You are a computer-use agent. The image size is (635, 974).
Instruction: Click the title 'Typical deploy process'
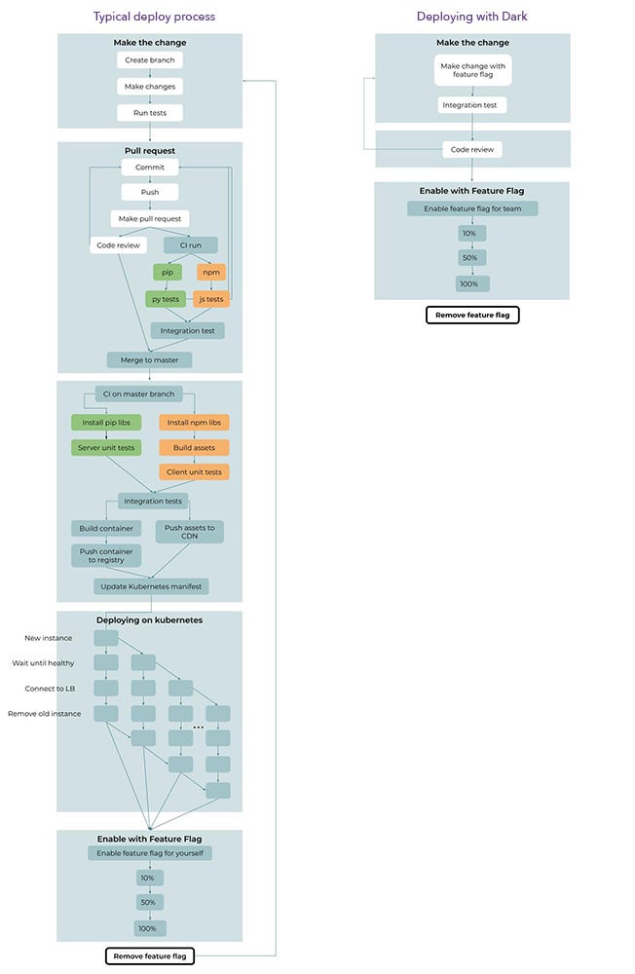pyautogui.click(x=154, y=17)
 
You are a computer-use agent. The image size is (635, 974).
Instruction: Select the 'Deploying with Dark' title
pyautogui.click(x=471, y=17)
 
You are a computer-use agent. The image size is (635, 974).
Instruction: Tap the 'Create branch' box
pyautogui.click(x=149, y=60)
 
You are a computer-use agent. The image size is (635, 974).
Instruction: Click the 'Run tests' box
pyautogui.click(x=149, y=113)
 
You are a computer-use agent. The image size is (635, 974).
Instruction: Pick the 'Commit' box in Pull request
pyautogui.click(x=149, y=168)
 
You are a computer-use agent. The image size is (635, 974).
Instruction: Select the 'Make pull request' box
pyautogui.click(x=149, y=219)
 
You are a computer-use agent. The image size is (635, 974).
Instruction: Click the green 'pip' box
pyautogui.click(x=168, y=273)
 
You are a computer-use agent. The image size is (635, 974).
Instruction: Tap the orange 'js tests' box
pyautogui.click(x=210, y=299)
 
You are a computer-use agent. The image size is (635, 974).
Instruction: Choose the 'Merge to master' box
pyautogui.click(x=149, y=360)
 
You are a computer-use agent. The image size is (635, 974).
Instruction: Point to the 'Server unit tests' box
pyautogui.click(x=106, y=448)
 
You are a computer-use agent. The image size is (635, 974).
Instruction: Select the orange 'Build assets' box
pyautogui.click(x=195, y=448)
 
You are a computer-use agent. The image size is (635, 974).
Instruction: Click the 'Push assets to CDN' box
pyautogui.click(x=189, y=531)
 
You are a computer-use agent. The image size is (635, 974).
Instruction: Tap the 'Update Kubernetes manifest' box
pyautogui.click(x=151, y=586)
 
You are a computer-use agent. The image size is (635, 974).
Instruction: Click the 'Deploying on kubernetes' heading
pyautogui.click(x=149, y=619)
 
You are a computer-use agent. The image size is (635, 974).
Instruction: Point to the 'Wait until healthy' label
pyautogui.click(x=43, y=663)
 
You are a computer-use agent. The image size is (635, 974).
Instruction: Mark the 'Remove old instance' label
pyautogui.click(x=43, y=714)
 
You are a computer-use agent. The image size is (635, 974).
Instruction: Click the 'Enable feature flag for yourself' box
pyautogui.click(x=150, y=853)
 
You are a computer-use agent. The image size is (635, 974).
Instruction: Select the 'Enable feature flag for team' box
pyautogui.click(x=472, y=208)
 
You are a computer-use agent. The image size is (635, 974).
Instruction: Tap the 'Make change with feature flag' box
pyautogui.click(x=472, y=70)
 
